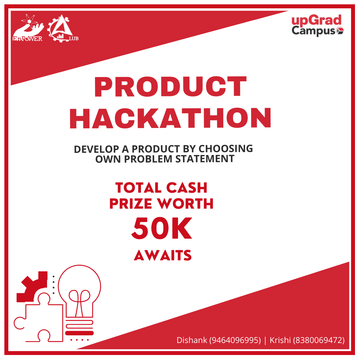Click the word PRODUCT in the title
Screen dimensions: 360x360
click(x=170, y=87)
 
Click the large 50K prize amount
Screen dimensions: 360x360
click(x=162, y=229)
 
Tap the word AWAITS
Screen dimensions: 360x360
click(x=163, y=256)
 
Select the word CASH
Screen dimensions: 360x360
click(x=187, y=188)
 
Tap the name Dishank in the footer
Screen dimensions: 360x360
click(x=192, y=340)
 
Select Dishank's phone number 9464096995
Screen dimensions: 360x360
click(x=235, y=340)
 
